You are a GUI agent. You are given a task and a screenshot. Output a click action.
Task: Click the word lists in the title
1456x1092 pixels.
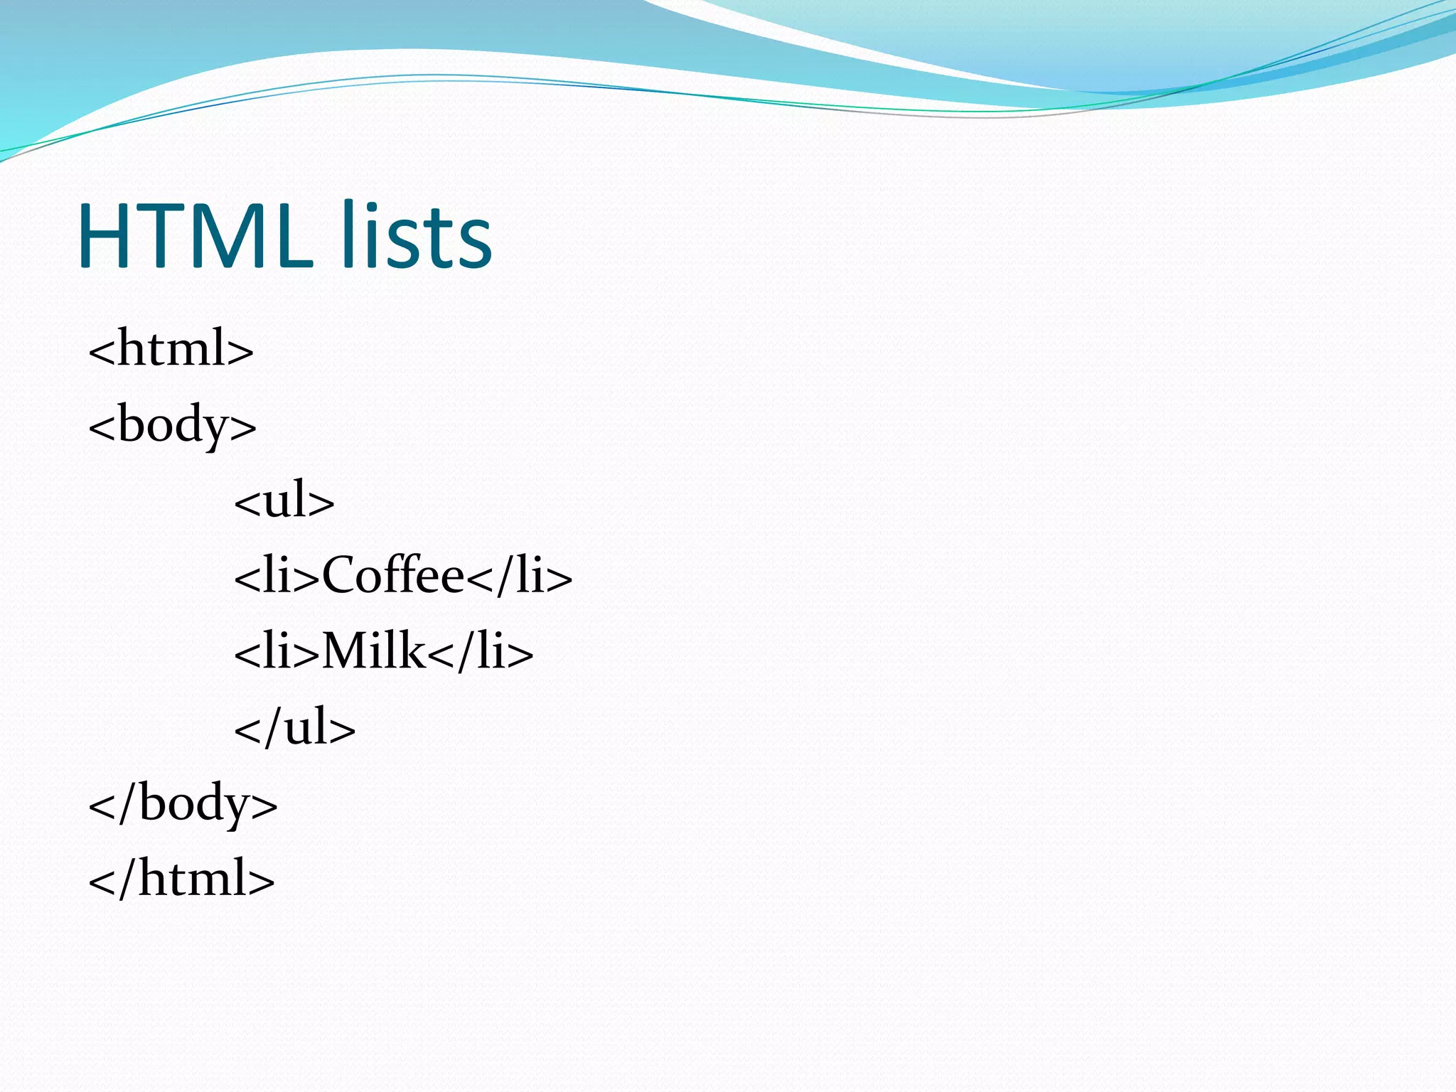[x=416, y=236]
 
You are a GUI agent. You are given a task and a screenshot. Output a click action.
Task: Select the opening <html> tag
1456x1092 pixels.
[x=171, y=348]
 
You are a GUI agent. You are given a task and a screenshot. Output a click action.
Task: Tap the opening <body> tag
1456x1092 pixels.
[x=172, y=425]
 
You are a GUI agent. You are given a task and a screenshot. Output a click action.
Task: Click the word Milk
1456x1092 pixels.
[x=374, y=651]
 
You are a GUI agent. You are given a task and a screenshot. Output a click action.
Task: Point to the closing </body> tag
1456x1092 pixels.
[x=183, y=803]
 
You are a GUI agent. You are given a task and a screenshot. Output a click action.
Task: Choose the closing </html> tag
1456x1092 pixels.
[x=181, y=879]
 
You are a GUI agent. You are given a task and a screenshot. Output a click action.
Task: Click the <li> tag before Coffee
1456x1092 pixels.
[x=277, y=576]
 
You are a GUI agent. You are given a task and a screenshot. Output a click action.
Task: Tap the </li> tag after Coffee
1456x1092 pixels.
[x=520, y=576]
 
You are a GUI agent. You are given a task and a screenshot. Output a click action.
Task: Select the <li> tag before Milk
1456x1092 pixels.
[x=277, y=651]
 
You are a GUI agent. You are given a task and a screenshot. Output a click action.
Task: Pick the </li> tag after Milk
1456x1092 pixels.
[x=481, y=651]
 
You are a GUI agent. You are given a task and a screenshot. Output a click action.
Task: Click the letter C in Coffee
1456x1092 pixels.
[x=338, y=575]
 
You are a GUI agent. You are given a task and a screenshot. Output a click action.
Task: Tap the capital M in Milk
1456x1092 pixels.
[x=346, y=651]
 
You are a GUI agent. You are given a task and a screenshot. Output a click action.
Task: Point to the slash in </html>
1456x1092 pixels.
[x=126, y=879]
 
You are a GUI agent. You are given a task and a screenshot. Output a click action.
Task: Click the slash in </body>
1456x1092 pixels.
[x=126, y=803]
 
